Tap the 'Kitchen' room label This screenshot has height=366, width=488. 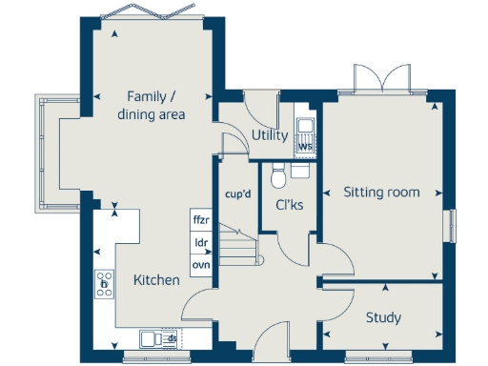[x=155, y=280]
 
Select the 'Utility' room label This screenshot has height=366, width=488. [x=270, y=135]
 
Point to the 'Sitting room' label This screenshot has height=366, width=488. [x=381, y=193]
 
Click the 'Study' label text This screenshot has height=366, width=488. [x=383, y=317]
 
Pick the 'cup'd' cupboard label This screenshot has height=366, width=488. [x=237, y=194]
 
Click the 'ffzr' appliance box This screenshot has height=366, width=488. [x=201, y=220]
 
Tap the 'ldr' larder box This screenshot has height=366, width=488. [x=201, y=242]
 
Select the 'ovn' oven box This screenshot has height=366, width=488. [x=201, y=264]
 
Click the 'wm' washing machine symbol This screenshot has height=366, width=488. [x=305, y=147]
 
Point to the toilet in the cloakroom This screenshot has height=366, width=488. [x=279, y=174]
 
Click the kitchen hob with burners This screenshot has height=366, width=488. [x=103, y=283]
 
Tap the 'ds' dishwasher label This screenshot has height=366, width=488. [x=173, y=338]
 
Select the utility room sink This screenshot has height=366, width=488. [x=305, y=127]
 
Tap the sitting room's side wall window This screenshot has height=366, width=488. [x=452, y=226]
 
